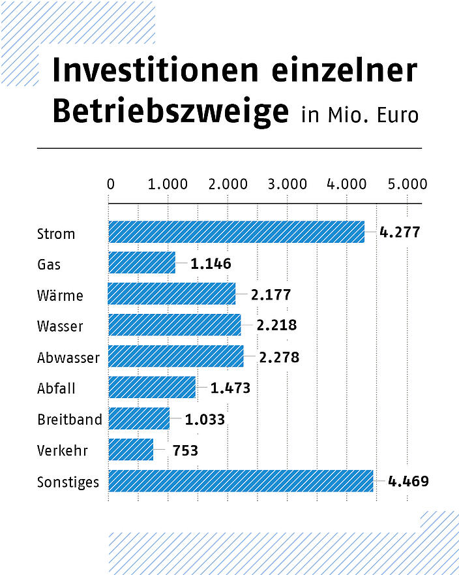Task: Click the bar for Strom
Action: [236, 232]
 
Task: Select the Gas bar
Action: [141, 263]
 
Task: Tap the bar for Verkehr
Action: [130, 450]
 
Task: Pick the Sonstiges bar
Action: [241, 481]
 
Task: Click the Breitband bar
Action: [139, 418]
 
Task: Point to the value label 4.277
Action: [400, 232]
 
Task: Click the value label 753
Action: [185, 450]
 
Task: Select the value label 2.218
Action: [276, 326]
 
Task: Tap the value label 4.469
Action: [408, 482]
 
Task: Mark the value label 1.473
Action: [230, 388]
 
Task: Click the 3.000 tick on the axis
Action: [287, 185]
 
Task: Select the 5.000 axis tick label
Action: [407, 185]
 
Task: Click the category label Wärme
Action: [60, 296]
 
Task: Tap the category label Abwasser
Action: [68, 358]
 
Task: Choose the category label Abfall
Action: [56, 388]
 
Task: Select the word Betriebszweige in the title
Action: [170, 112]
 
